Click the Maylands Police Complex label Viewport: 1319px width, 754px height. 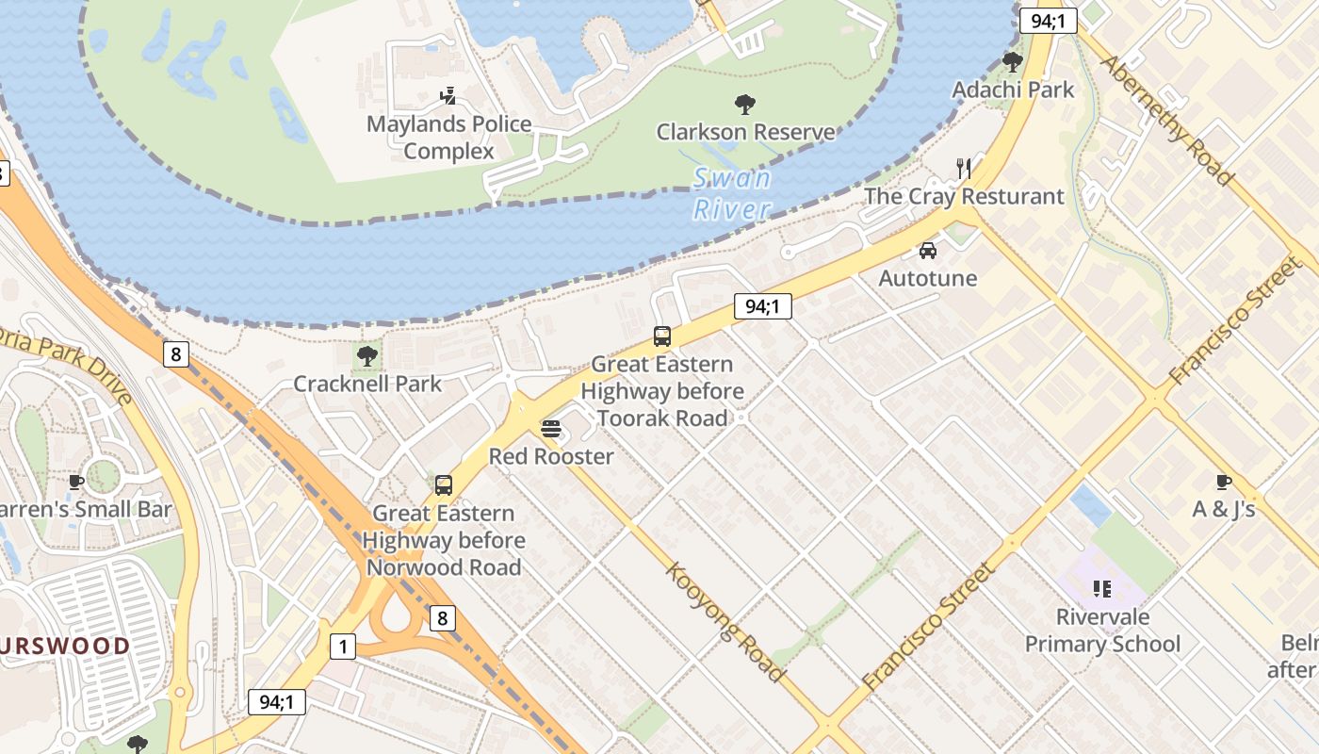[x=448, y=138]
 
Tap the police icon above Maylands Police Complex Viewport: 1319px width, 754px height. [x=448, y=95]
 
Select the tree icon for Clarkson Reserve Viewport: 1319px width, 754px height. [x=745, y=104]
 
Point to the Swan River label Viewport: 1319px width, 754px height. [x=732, y=193]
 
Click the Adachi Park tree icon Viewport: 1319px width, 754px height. [x=1013, y=62]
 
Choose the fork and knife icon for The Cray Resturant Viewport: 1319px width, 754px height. [x=963, y=169]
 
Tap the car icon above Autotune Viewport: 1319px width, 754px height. [x=928, y=251]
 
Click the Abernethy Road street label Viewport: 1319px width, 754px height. [x=1166, y=120]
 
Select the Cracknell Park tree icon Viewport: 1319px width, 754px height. [x=367, y=356]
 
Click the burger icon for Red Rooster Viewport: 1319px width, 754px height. [x=551, y=429]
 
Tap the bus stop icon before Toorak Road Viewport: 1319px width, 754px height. [x=662, y=336]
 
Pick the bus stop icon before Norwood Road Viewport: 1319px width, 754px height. [x=444, y=485]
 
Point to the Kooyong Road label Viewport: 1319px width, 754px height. [x=725, y=621]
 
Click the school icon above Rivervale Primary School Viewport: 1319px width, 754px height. [x=1102, y=590]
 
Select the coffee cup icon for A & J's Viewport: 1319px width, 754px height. [x=1224, y=482]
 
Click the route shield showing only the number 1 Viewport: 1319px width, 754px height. [x=343, y=647]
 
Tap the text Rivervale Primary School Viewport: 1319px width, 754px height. [x=1102, y=631]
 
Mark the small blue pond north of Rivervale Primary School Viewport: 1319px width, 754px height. [x=1091, y=505]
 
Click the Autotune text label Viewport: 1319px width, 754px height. [x=928, y=278]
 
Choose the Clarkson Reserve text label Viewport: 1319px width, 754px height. [x=745, y=132]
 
